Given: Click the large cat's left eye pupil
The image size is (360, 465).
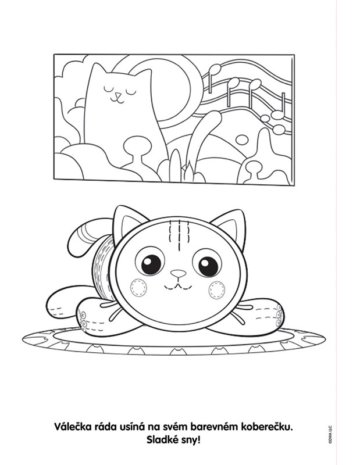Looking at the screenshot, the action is [x=151, y=264].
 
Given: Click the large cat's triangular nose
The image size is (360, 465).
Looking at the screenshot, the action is [x=179, y=273].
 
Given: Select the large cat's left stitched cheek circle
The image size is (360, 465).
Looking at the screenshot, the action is [x=138, y=288].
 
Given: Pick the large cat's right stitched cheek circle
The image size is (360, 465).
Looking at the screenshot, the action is [x=217, y=290].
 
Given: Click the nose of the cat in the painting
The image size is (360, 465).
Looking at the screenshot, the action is [x=119, y=95].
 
